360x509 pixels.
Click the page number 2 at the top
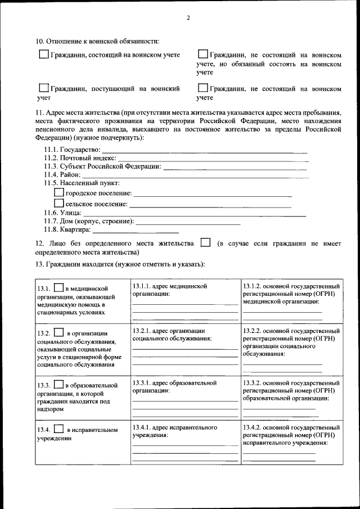click(188, 18)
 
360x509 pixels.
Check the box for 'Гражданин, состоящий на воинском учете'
click(44, 55)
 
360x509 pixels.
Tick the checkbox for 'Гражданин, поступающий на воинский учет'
click(44, 88)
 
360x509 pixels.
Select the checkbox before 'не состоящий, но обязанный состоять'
click(203, 55)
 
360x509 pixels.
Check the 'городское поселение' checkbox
click(58, 193)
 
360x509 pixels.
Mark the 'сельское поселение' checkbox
click(58, 204)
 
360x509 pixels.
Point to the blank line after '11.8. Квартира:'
click(136, 231)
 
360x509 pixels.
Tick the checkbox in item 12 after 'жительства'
click(206, 243)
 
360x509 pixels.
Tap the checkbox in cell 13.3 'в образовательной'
click(58, 385)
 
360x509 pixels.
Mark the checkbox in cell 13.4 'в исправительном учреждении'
click(58, 429)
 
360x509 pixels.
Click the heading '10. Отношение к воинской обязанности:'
click(97, 41)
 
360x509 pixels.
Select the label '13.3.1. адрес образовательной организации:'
click(174, 387)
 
